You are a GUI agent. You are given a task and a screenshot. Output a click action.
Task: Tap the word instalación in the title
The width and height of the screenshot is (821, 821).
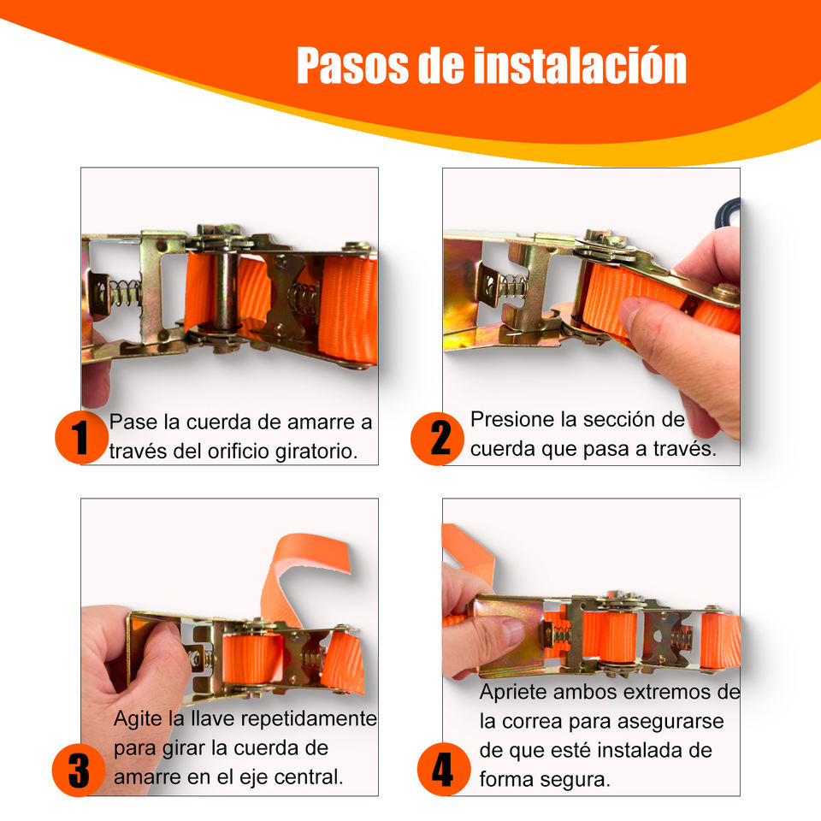[x=580, y=66]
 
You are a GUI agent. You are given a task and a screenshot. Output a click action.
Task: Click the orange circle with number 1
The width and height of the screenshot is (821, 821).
[x=81, y=438]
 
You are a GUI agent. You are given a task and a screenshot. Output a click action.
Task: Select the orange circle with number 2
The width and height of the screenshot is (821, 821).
[x=437, y=439]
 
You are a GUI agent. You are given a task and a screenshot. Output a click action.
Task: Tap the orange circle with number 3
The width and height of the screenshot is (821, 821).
[x=79, y=771]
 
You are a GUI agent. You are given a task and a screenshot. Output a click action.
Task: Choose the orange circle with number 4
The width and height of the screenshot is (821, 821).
[x=444, y=769]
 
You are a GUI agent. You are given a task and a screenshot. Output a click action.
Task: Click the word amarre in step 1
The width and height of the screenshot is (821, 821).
[x=316, y=422]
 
